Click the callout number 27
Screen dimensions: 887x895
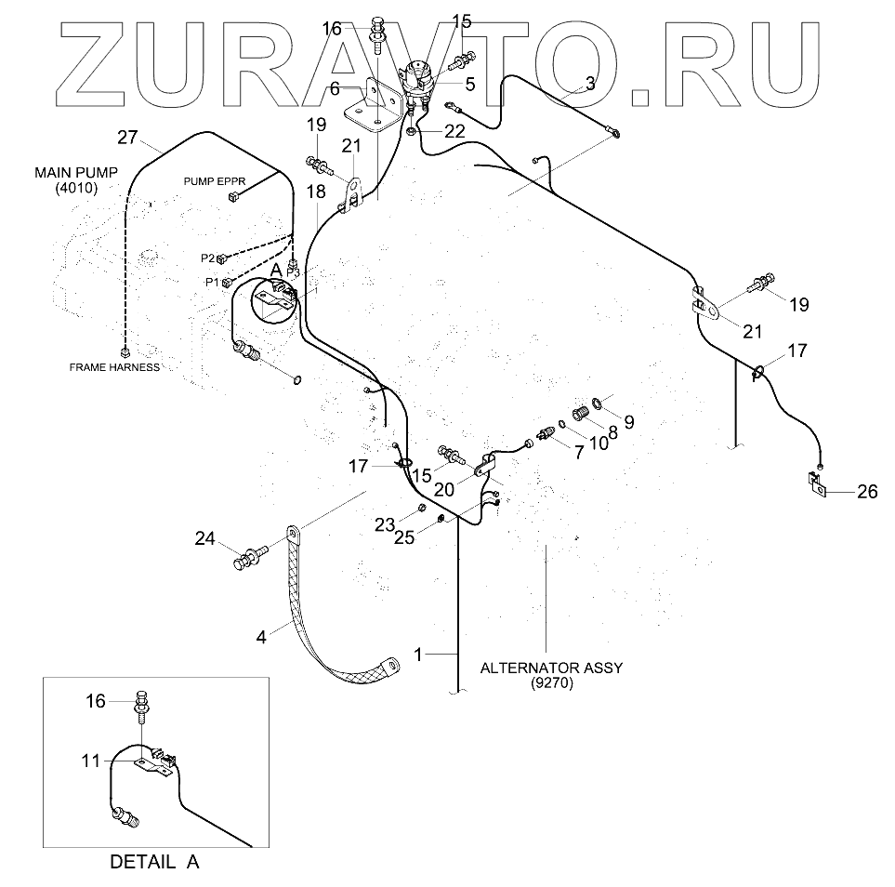coord(126,138)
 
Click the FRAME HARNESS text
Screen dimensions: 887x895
coord(114,367)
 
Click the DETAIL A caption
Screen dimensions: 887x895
coord(154,861)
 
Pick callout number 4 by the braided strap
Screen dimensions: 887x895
coord(261,637)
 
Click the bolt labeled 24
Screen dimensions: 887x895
coord(249,560)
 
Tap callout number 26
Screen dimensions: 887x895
coord(866,492)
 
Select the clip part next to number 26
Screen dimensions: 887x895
coord(815,483)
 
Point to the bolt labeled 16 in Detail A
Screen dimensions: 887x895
coord(142,704)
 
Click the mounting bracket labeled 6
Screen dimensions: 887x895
coord(372,102)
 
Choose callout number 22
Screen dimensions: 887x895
coord(454,131)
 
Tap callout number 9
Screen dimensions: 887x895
coord(629,422)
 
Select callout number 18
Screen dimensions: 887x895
coord(316,192)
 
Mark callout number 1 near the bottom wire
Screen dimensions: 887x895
coord(418,655)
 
